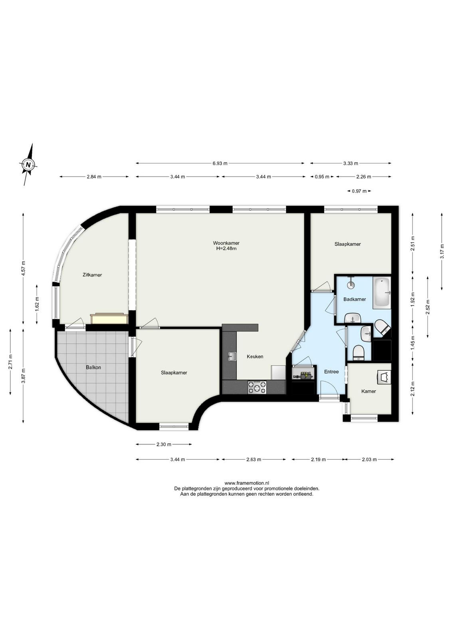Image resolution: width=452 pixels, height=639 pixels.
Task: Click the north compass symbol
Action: [x=28, y=164]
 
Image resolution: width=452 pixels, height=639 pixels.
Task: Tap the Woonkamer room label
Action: [x=226, y=243]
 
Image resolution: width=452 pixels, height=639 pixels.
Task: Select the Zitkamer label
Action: [x=92, y=275]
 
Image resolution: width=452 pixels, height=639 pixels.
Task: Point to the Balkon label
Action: [x=93, y=367]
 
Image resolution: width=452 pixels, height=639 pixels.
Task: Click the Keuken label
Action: [x=255, y=356]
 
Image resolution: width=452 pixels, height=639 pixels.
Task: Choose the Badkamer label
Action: [x=355, y=299]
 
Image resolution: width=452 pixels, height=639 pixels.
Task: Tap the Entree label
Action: [x=331, y=372]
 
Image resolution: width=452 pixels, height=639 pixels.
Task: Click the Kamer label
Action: [x=369, y=391]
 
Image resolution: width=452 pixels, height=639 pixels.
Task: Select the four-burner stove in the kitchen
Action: [x=257, y=388]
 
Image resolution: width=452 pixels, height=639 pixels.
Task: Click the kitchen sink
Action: [x=232, y=356]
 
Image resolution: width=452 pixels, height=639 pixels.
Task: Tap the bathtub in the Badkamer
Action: [x=382, y=293]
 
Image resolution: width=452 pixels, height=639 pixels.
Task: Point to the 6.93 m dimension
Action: [x=220, y=163]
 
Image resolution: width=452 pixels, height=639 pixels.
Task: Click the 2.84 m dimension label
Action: [x=94, y=177]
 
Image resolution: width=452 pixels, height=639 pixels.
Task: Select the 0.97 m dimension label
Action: [x=359, y=191]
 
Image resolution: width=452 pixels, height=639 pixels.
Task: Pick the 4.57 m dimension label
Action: [x=24, y=268]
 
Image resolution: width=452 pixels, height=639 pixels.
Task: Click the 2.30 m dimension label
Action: [x=164, y=444]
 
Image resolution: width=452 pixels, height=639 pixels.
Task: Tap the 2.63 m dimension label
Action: [x=254, y=459]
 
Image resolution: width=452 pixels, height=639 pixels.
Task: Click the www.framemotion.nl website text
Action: [x=247, y=483]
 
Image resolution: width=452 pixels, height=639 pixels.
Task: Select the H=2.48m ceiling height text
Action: [x=226, y=248]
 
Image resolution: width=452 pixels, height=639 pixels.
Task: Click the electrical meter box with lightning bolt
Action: [x=304, y=375]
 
